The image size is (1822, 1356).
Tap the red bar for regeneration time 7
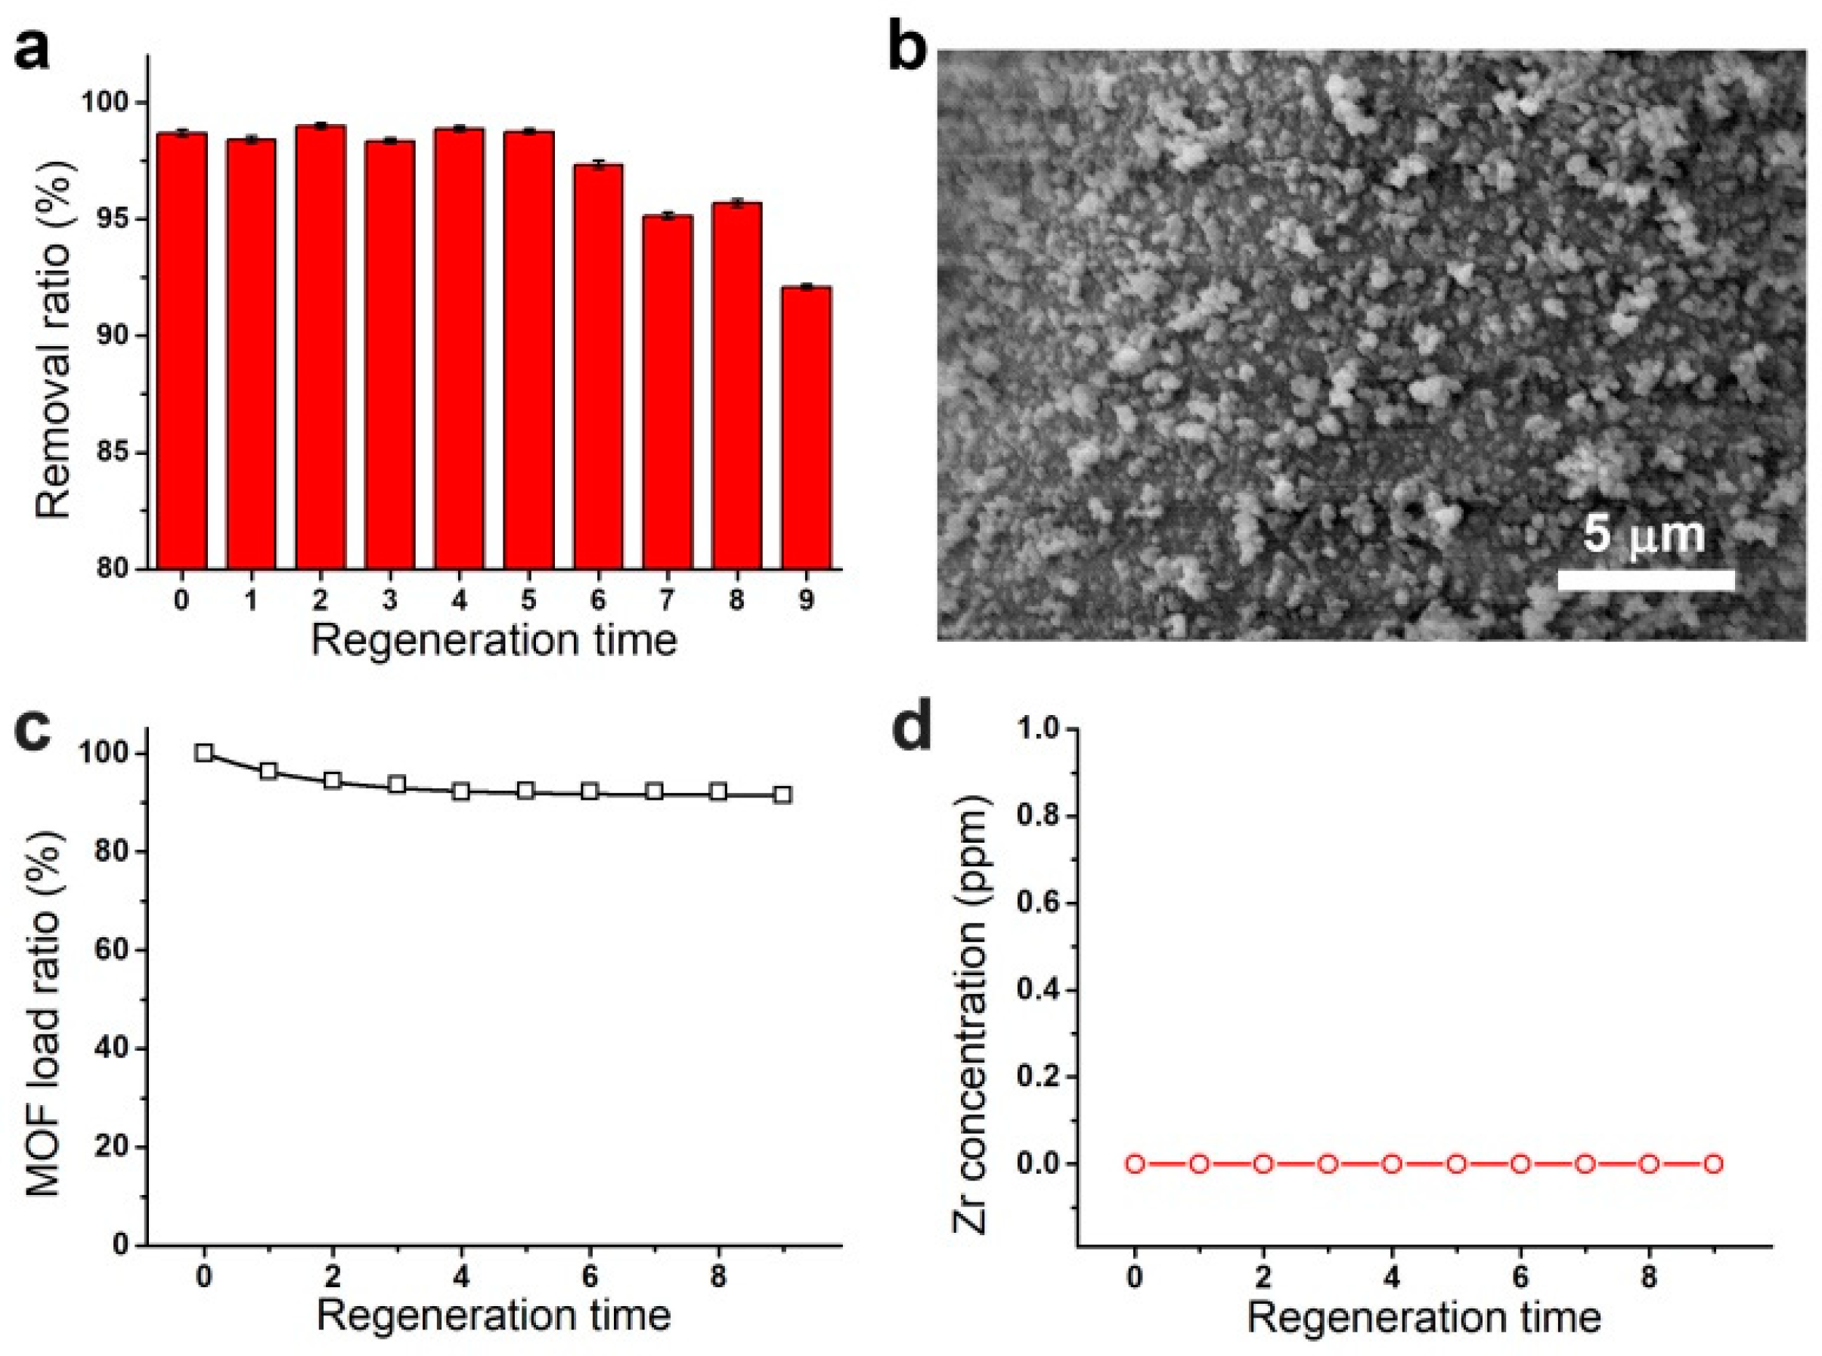coord(667,392)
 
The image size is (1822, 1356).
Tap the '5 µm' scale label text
coord(1643,534)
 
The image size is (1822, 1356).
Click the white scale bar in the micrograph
coord(1645,580)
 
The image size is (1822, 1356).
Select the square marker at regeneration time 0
coord(204,754)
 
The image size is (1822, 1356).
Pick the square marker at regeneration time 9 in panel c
coord(783,794)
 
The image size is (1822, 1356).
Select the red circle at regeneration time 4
coord(1392,1164)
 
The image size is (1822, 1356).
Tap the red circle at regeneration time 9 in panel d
coord(1714,1164)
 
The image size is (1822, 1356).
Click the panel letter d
coord(912,731)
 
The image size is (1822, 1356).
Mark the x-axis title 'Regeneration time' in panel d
coord(1424,1317)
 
